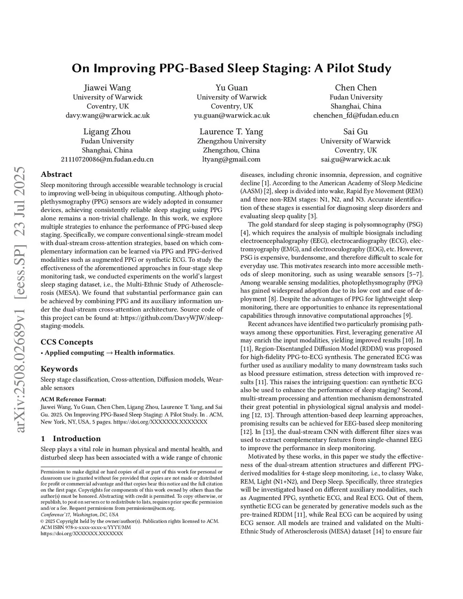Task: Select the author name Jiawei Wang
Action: point(108,88)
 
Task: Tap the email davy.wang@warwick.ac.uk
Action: point(108,115)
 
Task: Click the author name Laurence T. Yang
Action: point(231,132)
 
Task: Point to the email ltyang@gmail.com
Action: point(231,159)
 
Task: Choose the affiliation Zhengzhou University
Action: point(231,141)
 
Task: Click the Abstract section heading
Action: point(57,175)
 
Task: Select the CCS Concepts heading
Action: point(67,342)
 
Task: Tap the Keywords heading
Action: point(59,369)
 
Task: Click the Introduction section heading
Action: point(76,439)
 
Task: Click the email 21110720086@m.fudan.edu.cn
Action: point(107,159)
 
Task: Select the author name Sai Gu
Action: point(355,132)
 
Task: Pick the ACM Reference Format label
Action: point(73,399)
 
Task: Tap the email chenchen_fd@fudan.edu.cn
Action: point(356,115)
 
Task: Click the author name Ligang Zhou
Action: point(107,132)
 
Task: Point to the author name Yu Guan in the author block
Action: point(231,88)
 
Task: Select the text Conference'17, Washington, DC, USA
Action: point(80,514)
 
